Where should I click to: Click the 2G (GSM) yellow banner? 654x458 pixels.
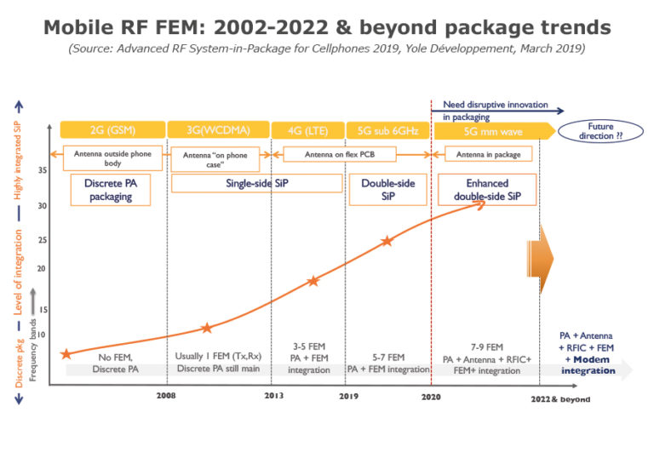pos(112,130)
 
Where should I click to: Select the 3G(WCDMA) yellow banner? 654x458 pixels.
pos(219,130)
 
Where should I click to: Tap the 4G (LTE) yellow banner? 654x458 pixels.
pos(307,130)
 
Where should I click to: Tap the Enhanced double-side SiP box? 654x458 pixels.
pos(487,189)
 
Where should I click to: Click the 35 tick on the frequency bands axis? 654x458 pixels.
pos(43,170)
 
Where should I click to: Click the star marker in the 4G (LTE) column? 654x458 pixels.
pos(313,280)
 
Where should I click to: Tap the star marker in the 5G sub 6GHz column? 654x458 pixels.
pos(387,241)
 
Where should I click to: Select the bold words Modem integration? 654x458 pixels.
pos(588,365)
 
